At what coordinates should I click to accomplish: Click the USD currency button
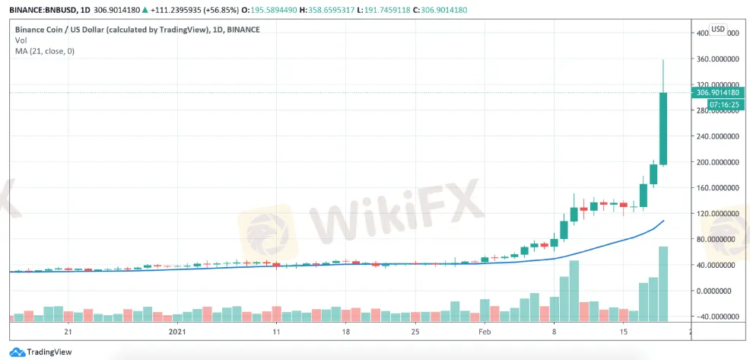[x=718, y=30]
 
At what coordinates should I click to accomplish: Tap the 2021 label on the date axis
[x=176, y=333]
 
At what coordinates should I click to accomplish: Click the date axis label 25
[x=415, y=333]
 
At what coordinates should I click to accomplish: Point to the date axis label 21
[x=68, y=333]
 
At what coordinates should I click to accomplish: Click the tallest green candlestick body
[x=663, y=129]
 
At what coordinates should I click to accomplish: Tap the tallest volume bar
[x=663, y=283]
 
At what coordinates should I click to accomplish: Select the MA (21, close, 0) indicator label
[x=45, y=51]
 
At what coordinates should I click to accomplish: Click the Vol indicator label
[x=21, y=40]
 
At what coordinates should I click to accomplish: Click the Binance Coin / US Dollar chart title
[x=137, y=30]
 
